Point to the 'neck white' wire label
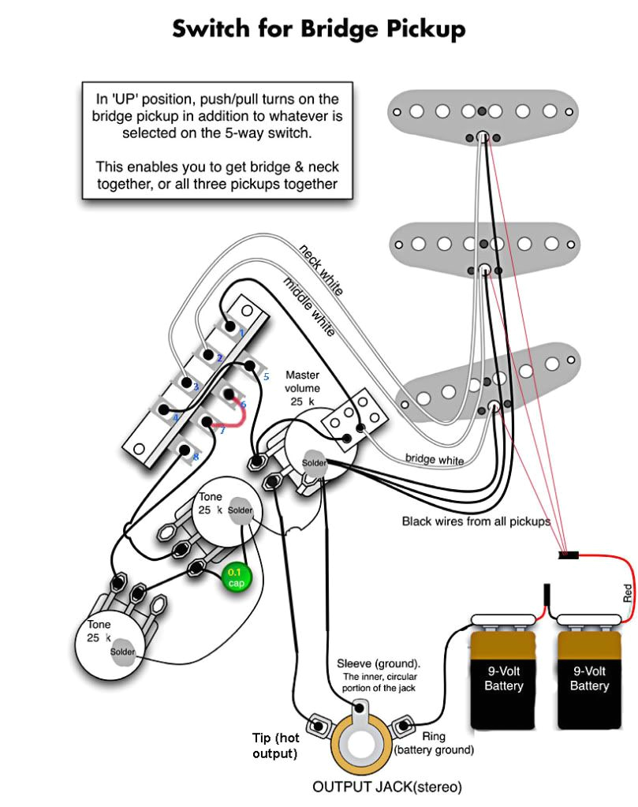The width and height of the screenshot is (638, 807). (321, 270)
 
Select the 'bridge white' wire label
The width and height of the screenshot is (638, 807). (435, 459)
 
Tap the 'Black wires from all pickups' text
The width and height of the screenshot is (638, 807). (476, 521)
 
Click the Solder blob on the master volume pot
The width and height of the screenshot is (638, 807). (315, 462)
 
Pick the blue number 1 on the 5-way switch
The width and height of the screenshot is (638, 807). (242, 333)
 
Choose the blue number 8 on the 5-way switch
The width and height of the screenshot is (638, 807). (195, 457)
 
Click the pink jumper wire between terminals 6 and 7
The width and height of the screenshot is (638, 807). (234, 418)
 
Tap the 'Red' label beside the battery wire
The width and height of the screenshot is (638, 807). (627, 592)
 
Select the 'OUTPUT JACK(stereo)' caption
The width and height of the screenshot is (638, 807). (386, 786)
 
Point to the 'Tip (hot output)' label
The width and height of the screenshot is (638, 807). (275, 745)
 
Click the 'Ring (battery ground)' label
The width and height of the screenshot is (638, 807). (434, 743)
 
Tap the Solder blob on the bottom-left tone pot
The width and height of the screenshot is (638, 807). (122, 652)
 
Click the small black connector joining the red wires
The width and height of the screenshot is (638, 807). (569, 556)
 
